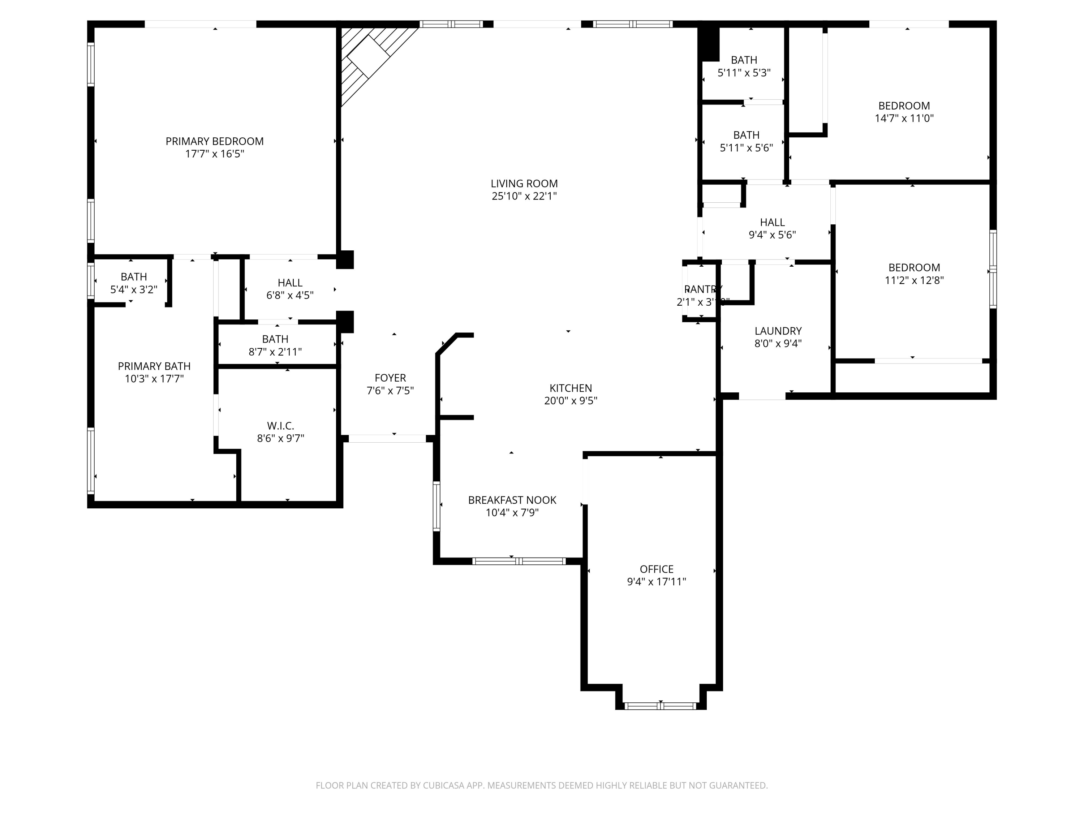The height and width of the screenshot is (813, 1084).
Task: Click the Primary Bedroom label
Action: tap(214, 141)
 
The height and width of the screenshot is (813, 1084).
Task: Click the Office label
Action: tap(656, 569)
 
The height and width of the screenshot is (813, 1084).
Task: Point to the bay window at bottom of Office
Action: tap(660, 706)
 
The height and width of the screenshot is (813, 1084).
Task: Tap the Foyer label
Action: tap(390, 378)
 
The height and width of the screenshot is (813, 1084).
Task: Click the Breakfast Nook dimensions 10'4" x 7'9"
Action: tap(512, 513)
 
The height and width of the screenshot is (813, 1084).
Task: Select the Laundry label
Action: tap(778, 331)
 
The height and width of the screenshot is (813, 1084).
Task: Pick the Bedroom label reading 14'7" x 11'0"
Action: tap(904, 106)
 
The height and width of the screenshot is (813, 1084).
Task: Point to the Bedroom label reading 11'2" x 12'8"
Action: tap(914, 268)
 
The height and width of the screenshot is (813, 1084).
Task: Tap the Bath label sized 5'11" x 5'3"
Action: tap(744, 60)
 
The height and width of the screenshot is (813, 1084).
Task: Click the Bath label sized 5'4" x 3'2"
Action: tap(133, 277)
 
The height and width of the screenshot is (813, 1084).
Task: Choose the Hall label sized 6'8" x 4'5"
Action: tap(290, 283)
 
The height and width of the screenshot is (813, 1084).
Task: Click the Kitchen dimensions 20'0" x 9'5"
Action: tap(571, 401)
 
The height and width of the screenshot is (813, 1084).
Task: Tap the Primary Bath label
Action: tap(154, 366)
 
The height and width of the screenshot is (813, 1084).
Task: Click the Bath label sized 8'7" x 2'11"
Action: tap(275, 339)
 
